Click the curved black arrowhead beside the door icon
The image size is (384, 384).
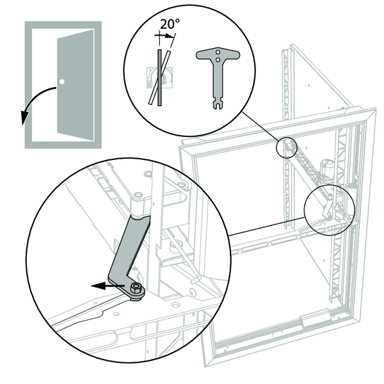tap(24, 118)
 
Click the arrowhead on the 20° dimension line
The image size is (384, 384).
tap(171, 37)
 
